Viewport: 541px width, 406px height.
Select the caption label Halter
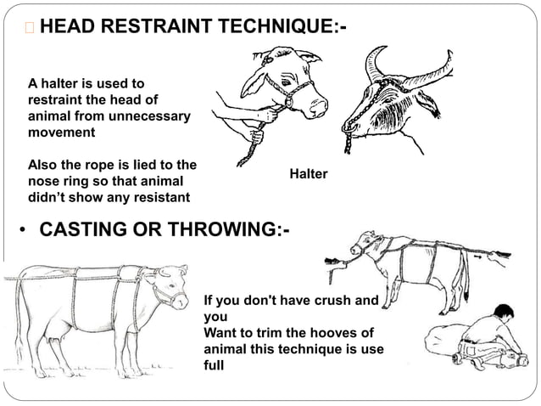(x=309, y=174)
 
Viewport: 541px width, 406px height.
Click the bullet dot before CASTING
(x=23, y=230)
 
